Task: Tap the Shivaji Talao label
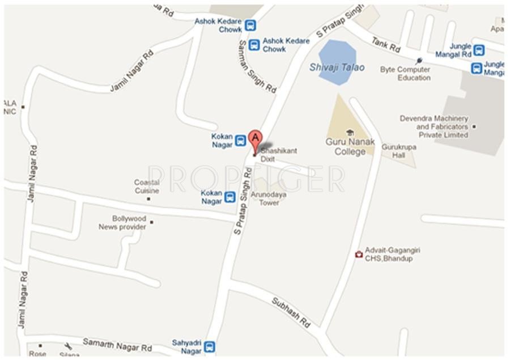[x=337, y=67]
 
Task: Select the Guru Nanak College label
[x=350, y=147]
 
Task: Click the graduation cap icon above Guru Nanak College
[x=350, y=132]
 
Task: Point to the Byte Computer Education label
[x=405, y=73]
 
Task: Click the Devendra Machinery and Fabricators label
[x=434, y=127]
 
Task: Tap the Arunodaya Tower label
[x=269, y=198]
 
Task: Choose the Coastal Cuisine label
[x=146, y=187]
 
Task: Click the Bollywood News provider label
[x=123, y=223]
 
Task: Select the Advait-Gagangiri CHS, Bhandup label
[x=392, y=254]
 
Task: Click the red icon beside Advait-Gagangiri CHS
[x=358, y=255]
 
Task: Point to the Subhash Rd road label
[x=291, y=312]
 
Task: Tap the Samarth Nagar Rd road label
[x=117, y=344]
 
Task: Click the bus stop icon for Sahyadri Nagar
[x=210, y=346]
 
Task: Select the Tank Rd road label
[x=385, y=45]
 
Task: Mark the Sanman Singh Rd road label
[x=257, y=66]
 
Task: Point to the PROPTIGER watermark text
[x=246, y=179]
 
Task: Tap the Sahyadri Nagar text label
[x=187, y=346]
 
